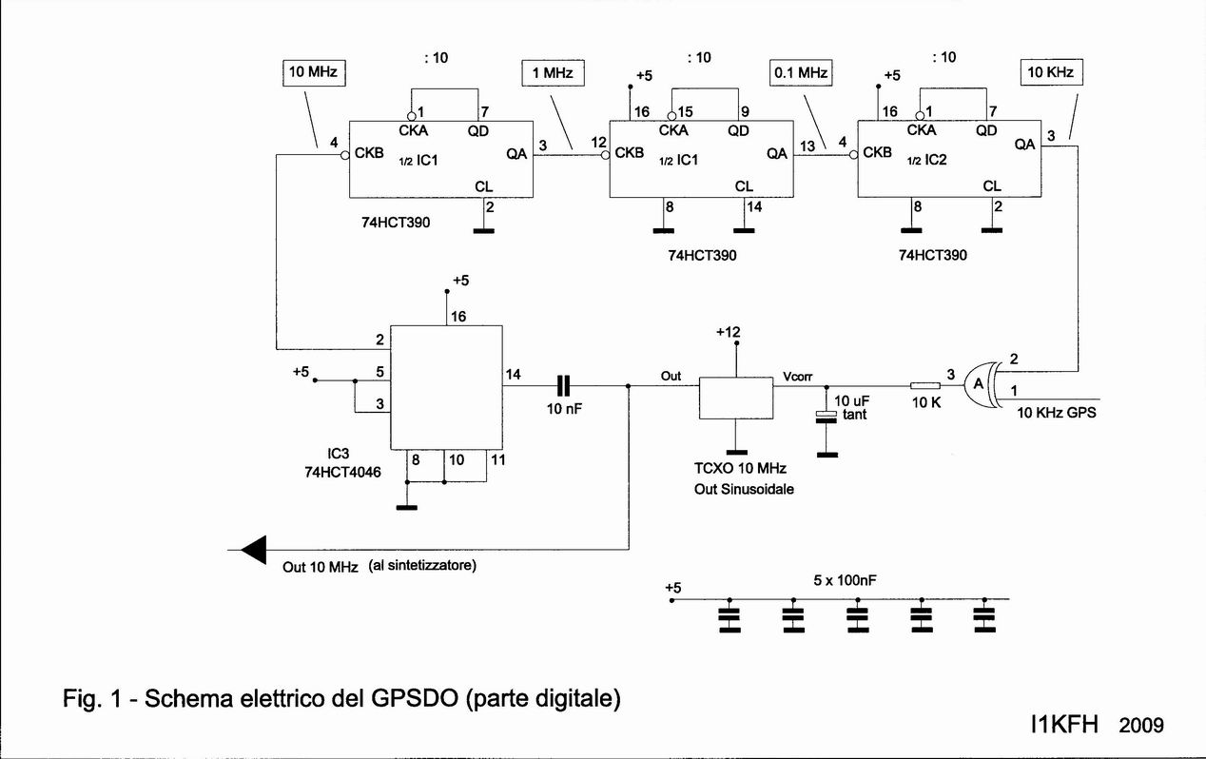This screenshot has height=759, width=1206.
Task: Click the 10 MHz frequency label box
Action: (x=314, y=71)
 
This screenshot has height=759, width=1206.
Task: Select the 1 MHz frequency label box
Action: (x=553, y=72)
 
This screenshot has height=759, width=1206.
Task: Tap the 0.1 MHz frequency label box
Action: (x=801, y=72)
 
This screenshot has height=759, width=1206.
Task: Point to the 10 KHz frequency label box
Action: (x=1053, y=71)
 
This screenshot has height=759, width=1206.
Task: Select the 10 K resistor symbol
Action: (x=924, y=385)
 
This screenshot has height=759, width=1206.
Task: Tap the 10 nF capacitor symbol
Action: (x=564, y=385)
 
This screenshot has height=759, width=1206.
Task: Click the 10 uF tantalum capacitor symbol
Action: (x=827, y=417)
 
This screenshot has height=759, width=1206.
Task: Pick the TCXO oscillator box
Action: (x=735, y=398)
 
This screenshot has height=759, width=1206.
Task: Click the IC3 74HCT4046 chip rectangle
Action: (x=447, y=386)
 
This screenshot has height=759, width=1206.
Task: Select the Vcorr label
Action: (x=798, y=376)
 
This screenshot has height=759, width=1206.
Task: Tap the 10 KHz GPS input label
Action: (x=1057, y=414)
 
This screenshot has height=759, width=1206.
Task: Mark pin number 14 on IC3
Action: (x=514, y=375)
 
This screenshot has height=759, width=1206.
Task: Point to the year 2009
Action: (x=1141, y=726)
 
